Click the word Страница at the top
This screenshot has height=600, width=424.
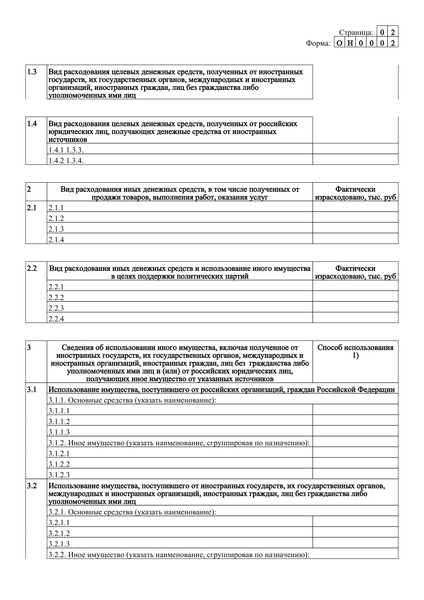click(x=356, y=32)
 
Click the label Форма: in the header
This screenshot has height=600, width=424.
click(x=318, y=43)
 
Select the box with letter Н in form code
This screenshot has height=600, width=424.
click(x=350, y=43)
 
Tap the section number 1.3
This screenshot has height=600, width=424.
click(x=32, y=72)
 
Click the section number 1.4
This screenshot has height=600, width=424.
click(x=32, y=124)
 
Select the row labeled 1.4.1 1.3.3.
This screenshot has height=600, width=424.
click(x=66, y=150)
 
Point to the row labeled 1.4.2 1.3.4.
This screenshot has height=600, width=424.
click(x=66, y=161)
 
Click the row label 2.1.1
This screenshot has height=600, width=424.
click(x=56, y=208)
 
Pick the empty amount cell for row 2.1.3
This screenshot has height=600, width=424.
click(x=355, y=228)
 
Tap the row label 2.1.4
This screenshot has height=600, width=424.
click(x=56, y=240)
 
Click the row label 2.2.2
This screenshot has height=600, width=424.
click(x=56, y=297)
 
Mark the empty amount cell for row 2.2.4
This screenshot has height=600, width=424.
click(x=355, y=318)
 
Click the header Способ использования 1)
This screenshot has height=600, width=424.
click(x=355, y=351)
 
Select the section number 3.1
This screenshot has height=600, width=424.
click(x=32, y=390)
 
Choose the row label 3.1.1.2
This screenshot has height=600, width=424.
click(x=59, y=421)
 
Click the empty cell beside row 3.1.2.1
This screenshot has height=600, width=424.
click(x=355, y=452)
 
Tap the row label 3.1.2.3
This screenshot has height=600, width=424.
click(x=59, y=475)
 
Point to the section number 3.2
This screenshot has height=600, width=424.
click(x=32, y=486)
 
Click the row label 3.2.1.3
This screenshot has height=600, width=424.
click(x=59, y=544)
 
